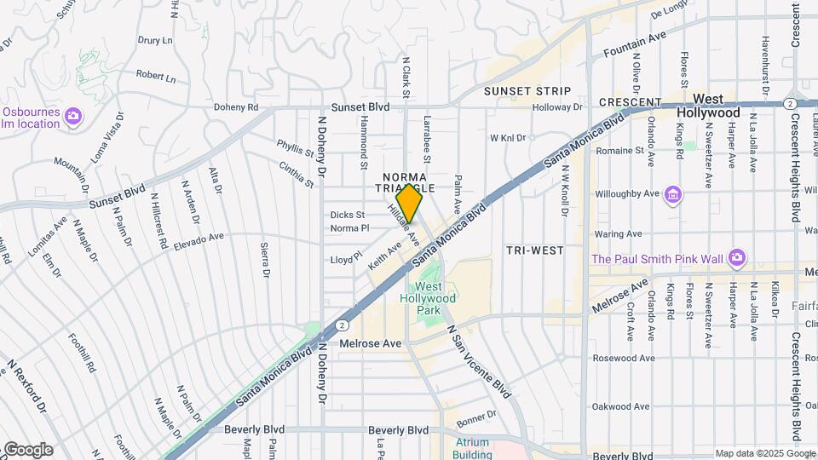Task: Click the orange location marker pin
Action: tap(409, 204)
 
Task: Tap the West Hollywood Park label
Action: tap(429, 298)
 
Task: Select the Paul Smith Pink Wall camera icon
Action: tap(737, 257)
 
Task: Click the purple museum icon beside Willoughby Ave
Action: tap(673, 195)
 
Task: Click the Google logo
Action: tap(27, 449)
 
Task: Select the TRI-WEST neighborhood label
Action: tap(534, 250)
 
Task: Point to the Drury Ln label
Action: tap(155, 40)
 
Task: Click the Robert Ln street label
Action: tap(155, 77)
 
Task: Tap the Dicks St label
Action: tap(348, 215)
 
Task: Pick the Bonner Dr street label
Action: tap(475, 418)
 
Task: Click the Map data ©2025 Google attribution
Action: tap(765, 453)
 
